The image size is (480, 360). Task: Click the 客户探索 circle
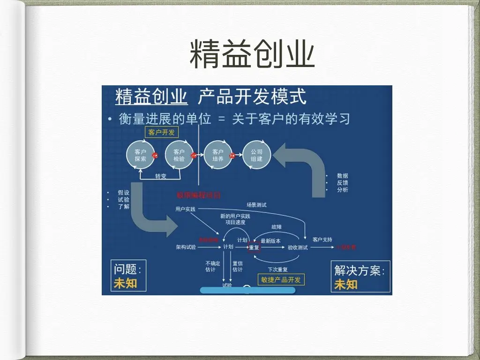141,155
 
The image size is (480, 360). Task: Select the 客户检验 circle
179,155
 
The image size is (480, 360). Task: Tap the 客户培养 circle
218,155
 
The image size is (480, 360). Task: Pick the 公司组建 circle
256,155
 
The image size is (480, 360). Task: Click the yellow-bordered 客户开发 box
162,132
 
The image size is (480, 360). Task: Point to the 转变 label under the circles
161,176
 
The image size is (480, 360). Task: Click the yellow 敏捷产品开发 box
281,279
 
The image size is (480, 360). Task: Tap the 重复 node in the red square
254,247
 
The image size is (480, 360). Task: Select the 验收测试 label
297,247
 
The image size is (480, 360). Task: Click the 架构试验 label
186,247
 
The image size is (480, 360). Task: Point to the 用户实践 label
185,209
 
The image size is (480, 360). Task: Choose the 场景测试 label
256,205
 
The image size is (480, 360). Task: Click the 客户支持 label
322,240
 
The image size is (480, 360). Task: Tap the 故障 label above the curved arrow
276,227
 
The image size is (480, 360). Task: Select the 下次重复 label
277,270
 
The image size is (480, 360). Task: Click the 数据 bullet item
342,176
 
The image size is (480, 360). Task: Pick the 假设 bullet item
123,192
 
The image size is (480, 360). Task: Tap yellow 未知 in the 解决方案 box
345,284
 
